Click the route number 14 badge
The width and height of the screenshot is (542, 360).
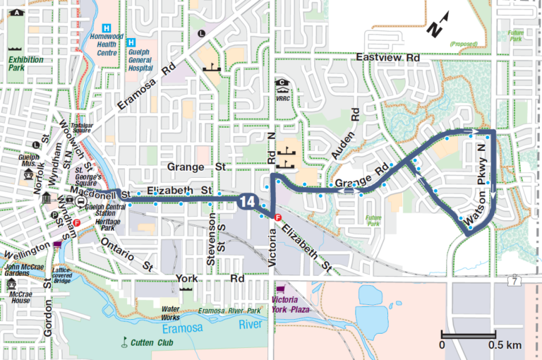tap(246, 201)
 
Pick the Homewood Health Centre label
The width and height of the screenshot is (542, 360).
tap(107, 43)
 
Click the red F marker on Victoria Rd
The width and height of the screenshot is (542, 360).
tap(278, 217)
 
